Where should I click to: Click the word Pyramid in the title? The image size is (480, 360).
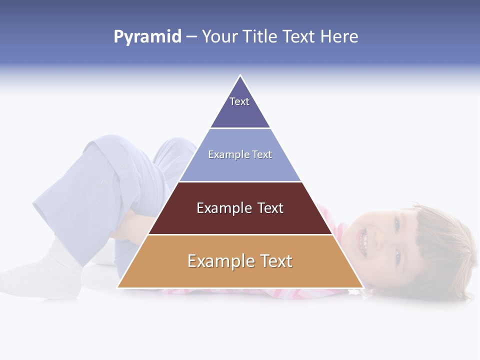point(147,37)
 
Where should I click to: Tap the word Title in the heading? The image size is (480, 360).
point(261,36)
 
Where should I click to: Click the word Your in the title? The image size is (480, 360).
point(219,36)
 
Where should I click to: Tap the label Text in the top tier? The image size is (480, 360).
point(239,101)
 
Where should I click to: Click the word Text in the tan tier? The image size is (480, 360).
point(275,261)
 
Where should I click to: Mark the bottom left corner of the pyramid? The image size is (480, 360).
point(118,287)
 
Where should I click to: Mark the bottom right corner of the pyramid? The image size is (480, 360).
point(362,287)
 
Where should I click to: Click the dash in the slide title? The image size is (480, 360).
point(191,37)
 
